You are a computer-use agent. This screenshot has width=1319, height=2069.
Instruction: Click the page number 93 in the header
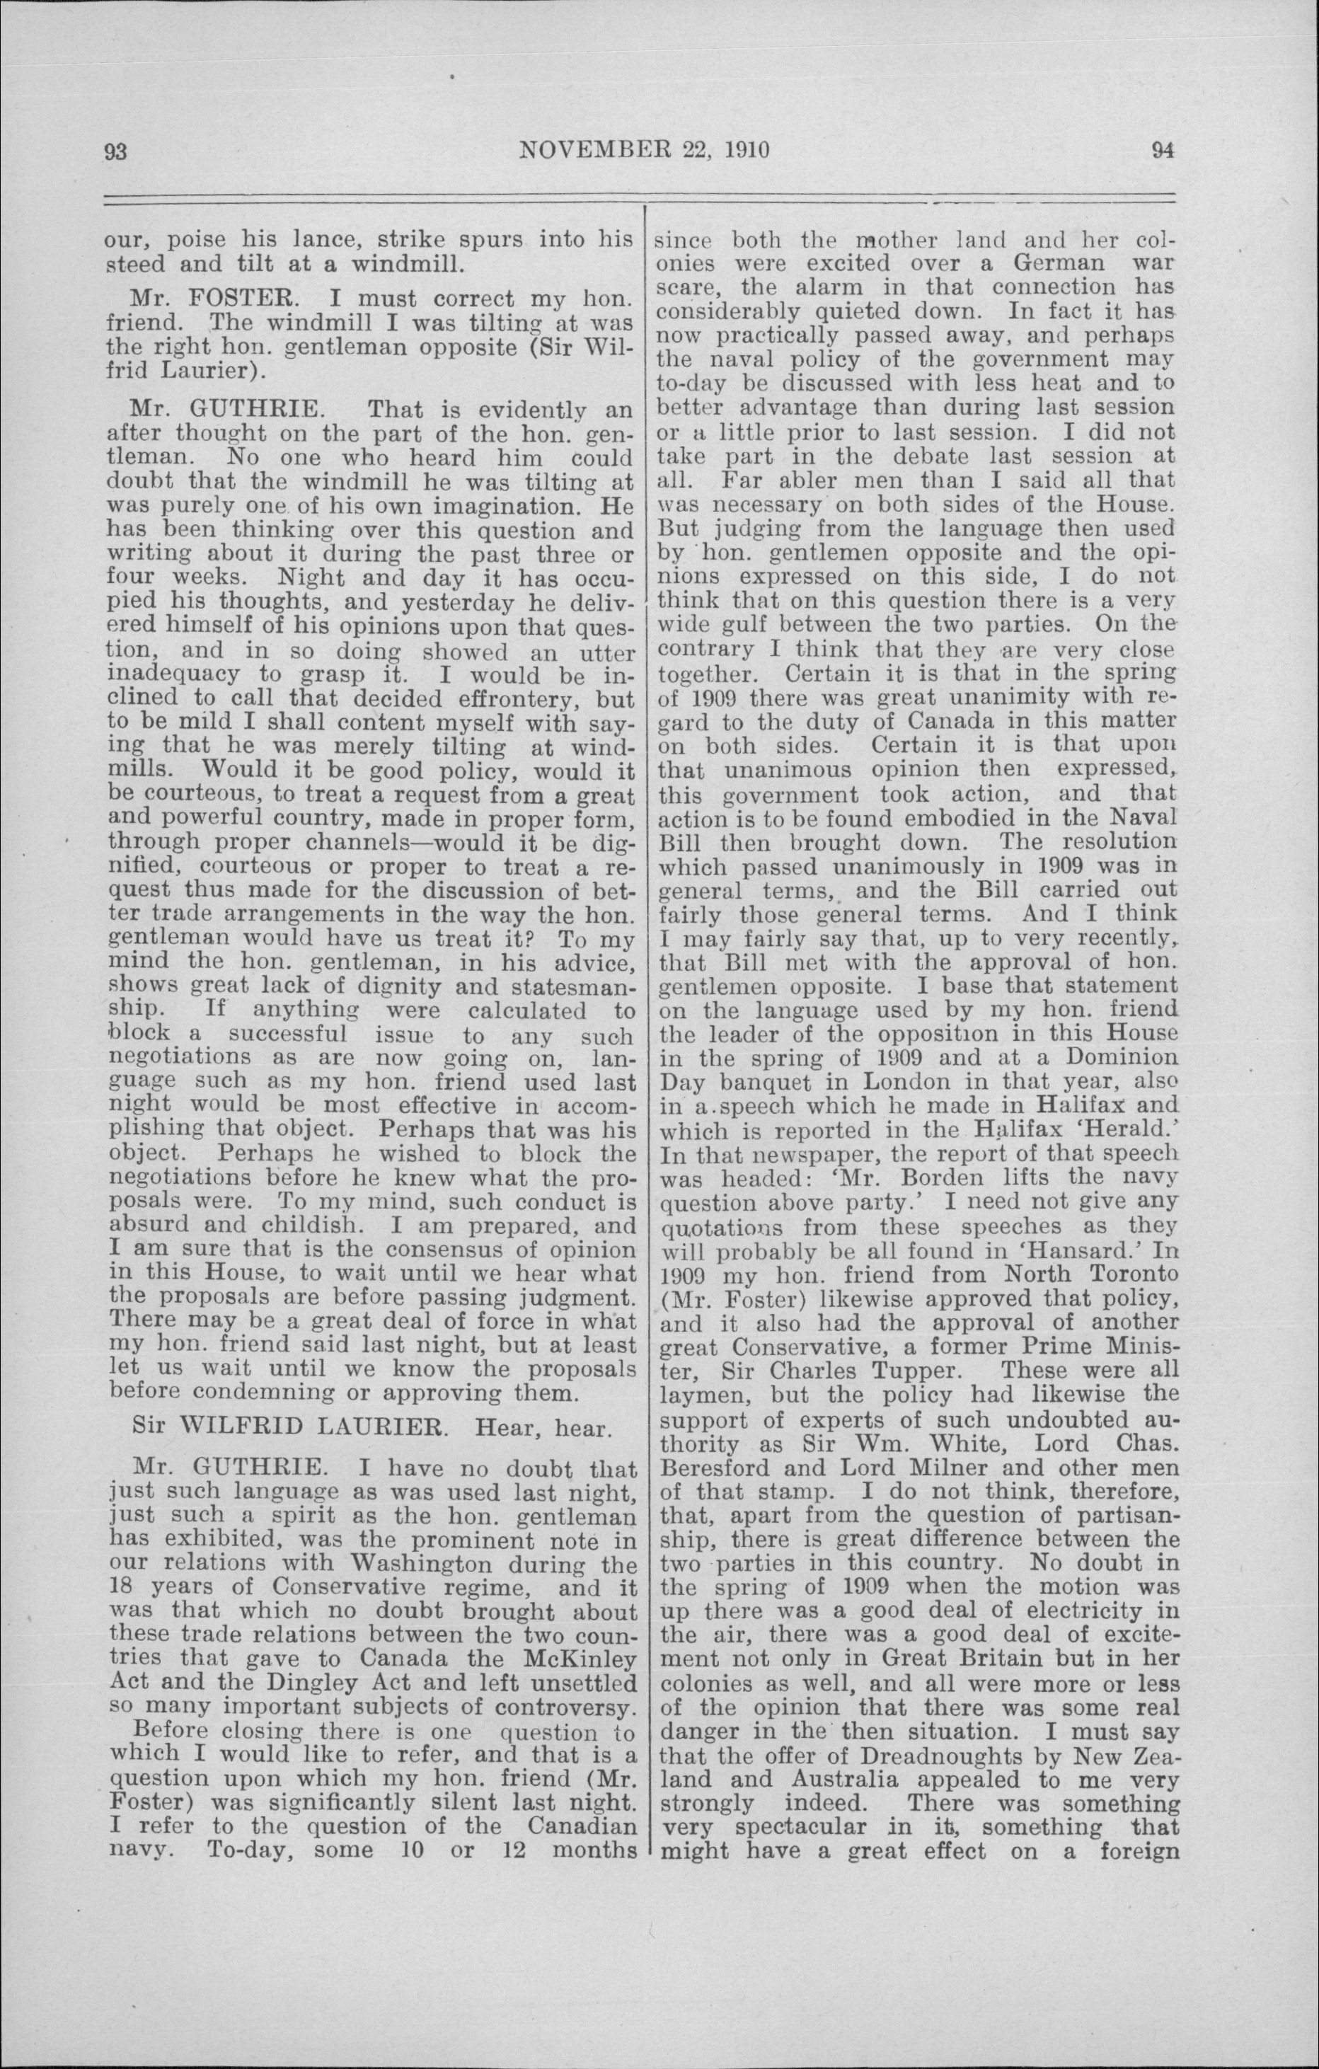coord(115,151)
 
